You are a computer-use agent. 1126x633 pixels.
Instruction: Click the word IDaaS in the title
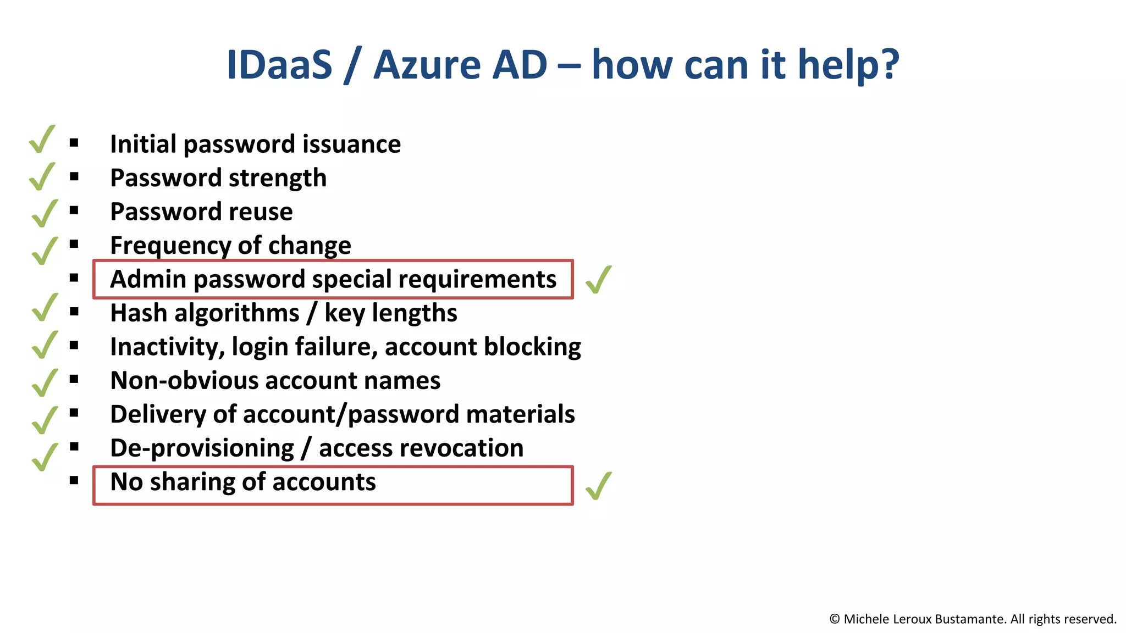click(279, 65)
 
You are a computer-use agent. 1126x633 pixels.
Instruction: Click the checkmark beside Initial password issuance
click(42, 139)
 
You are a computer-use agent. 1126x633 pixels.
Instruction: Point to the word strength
click(277, 178)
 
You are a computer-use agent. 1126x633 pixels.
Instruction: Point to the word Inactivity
click(167, 347)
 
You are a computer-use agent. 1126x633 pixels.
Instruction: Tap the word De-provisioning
click(202, 448)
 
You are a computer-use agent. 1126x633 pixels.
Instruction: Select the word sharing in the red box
click(192, 482)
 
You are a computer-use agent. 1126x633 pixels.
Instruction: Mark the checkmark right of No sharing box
click(598, 486)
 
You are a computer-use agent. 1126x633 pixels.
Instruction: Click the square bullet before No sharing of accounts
click(74, 481)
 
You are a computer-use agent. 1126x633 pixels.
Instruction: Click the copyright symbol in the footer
click(835, 619)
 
